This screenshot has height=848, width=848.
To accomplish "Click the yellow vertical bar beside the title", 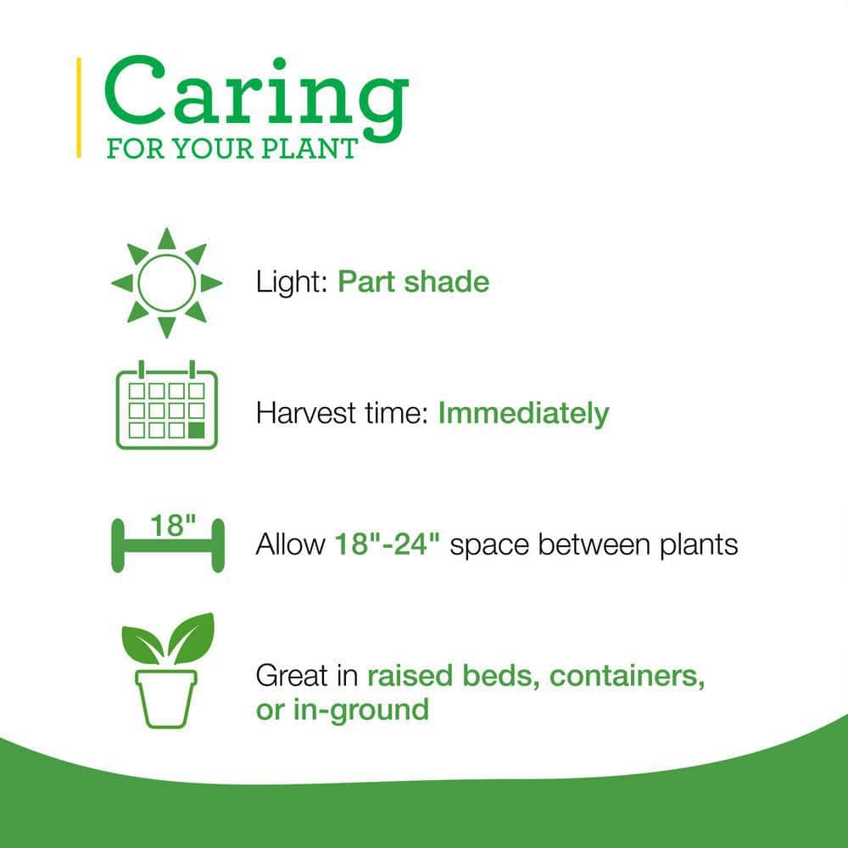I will [x=79, y=107].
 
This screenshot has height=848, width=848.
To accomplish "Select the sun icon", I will [x=166, y=282].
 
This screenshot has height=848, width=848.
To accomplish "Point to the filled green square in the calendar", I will [x=197, y=430].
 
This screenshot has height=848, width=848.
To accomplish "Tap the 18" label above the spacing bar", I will [x=168, y=526].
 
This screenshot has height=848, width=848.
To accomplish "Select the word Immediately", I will [x=523, y=414].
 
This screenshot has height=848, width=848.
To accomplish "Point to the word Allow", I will [x=288, y=544].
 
